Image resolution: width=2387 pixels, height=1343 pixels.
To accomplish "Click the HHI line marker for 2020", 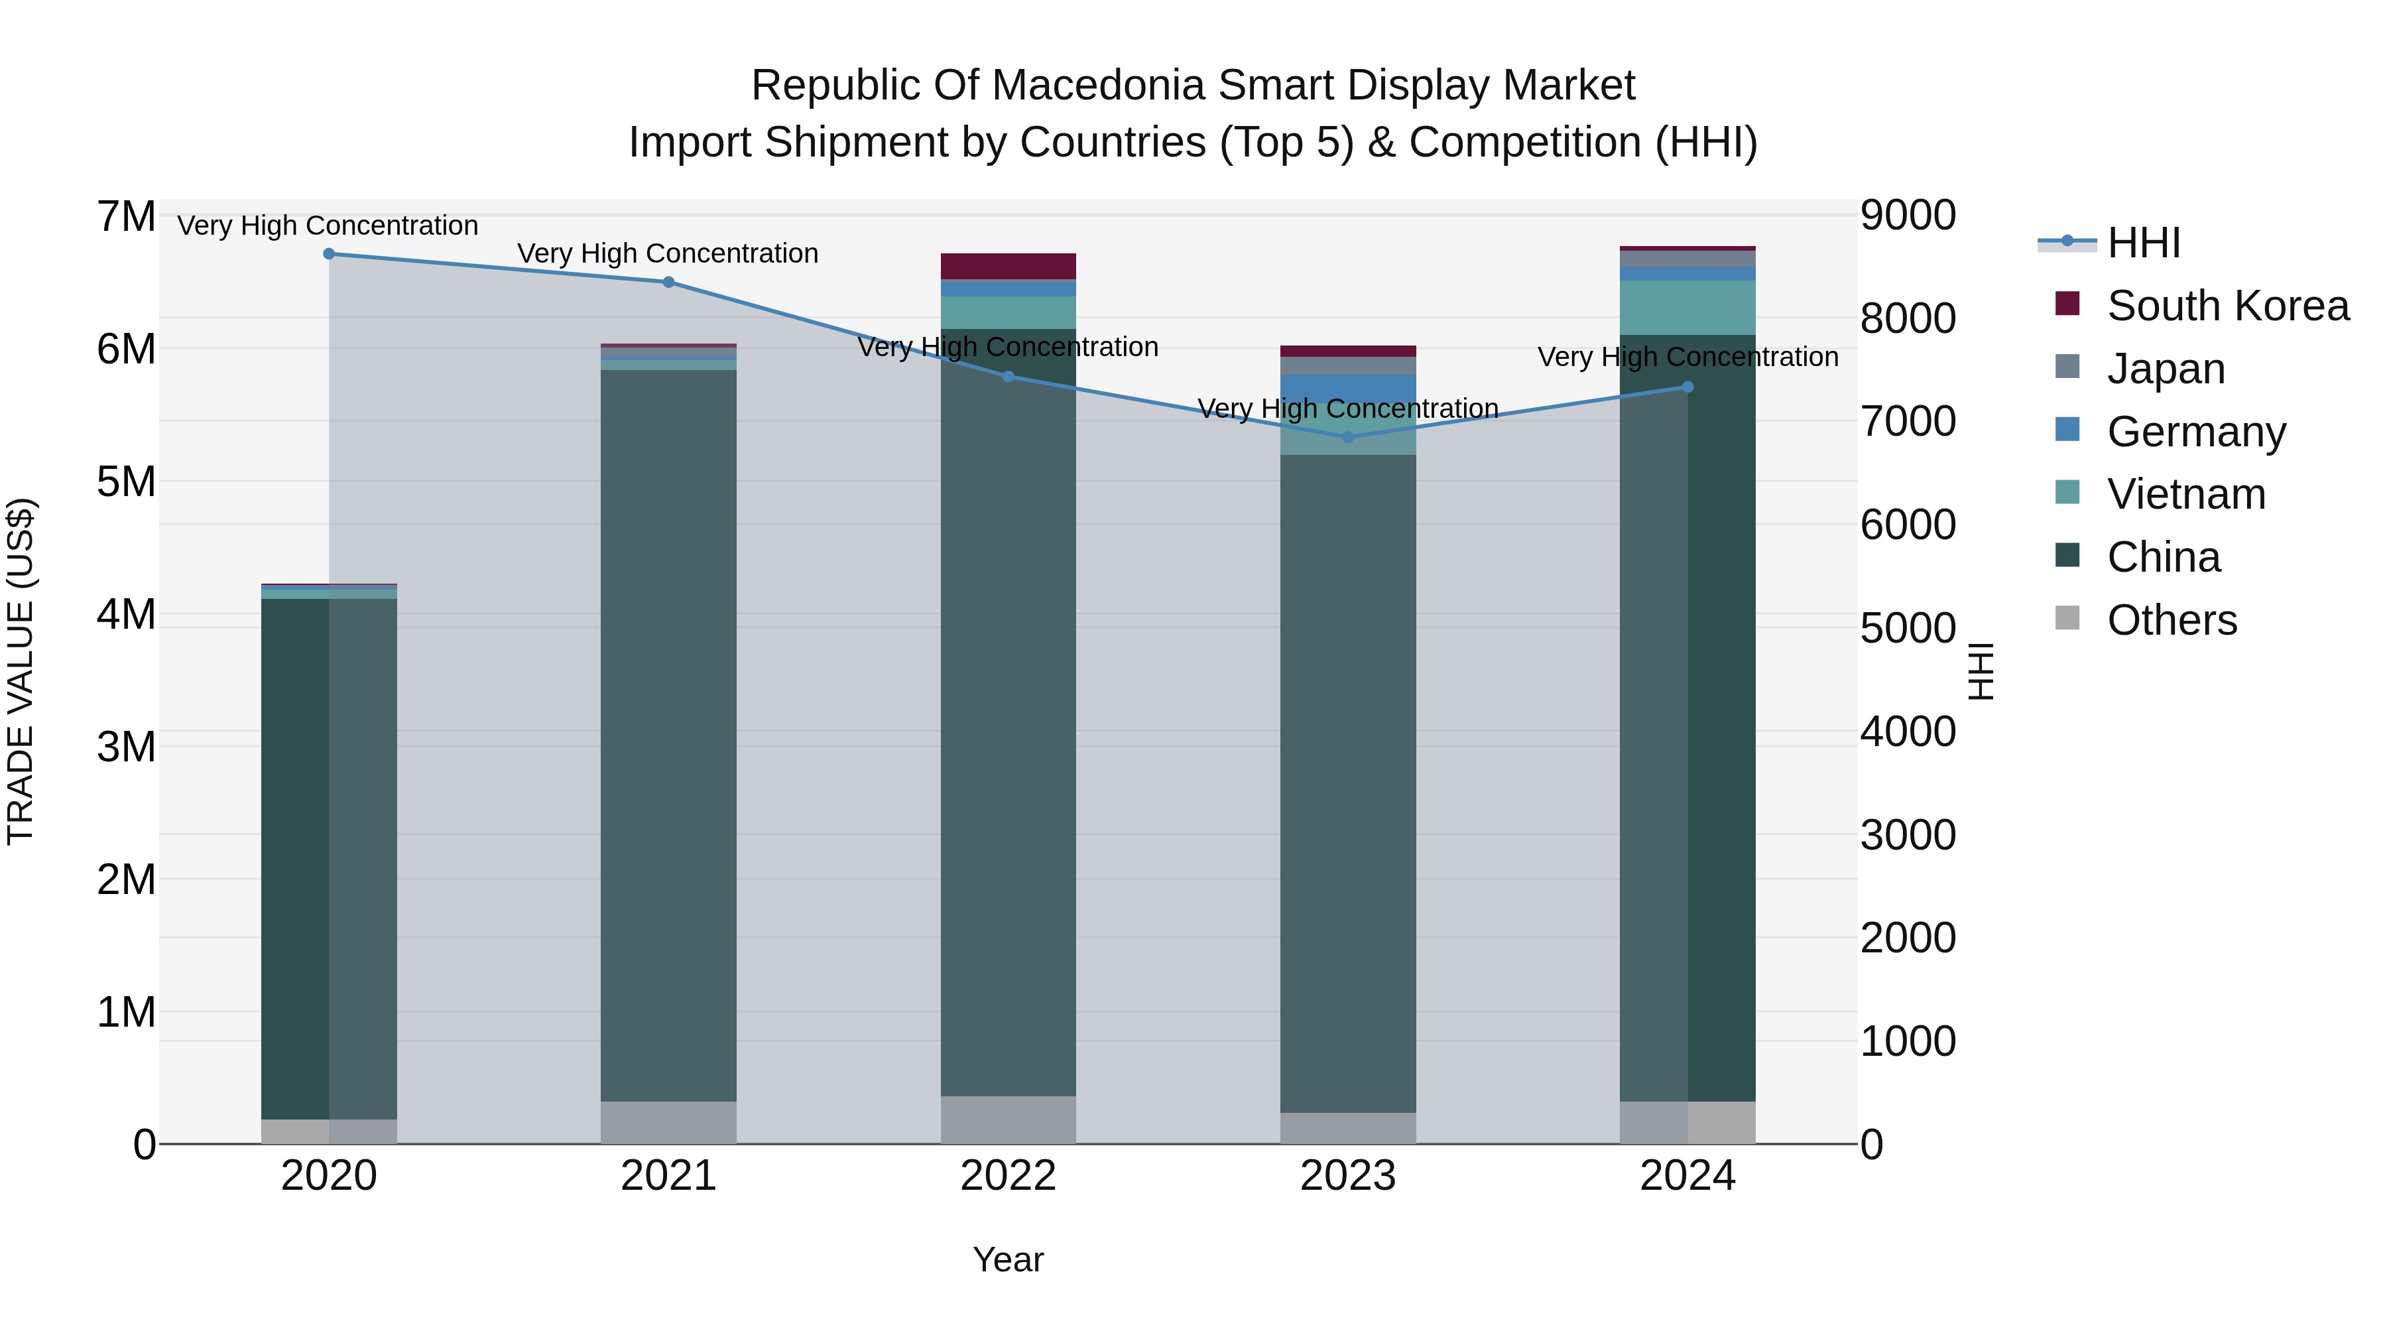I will tap(329, 254).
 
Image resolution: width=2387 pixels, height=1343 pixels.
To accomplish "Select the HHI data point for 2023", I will tap(1348, 438).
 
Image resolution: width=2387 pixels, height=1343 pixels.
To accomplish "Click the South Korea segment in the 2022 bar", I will tap(1008, 266).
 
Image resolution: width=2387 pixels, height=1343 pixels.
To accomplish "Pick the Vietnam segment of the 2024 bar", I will tap(1687, 308).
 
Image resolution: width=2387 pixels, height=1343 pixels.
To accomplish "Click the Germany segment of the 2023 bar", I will tap(1348, 389).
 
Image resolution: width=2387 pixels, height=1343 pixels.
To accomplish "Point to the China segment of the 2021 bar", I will tap(668, 732).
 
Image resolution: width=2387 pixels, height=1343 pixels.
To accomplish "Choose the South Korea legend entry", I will tap(2227, 306).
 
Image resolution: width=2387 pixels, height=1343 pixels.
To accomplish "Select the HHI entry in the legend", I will tap(2142, 243).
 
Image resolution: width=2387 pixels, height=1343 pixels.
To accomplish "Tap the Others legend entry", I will tap(2171, 620).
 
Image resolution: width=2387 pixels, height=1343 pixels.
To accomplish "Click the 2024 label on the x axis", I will tap(1687, 1176).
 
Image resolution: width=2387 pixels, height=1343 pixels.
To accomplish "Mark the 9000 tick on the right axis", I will tap(1908, 215).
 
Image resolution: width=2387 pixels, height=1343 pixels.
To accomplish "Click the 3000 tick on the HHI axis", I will tap(1908, 835).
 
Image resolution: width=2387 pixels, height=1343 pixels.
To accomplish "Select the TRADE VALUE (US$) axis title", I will tap(21, 671).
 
